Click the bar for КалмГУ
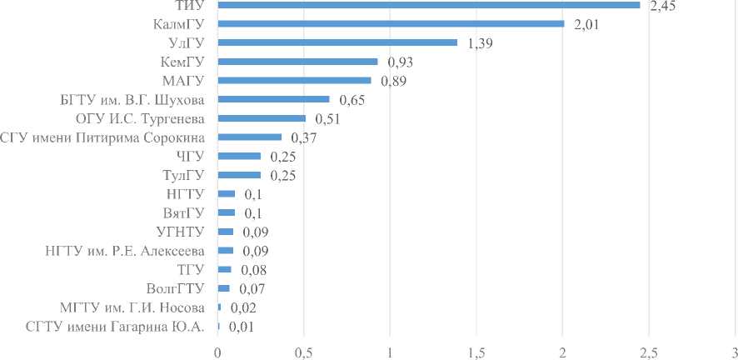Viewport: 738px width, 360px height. pyautogui.click(x=391, y=23)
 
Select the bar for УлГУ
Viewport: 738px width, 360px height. pyautogui.click(x=337, y=42)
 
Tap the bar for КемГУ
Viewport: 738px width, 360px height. pyautogui.click(x=297, y=62)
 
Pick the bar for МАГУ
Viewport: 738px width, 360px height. pyautogui.click(x=294, y=81)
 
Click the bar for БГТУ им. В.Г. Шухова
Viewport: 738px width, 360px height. pyautogui.click(x=273, y=99)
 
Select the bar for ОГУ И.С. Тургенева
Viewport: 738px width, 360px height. pyautogui.click(x=262, y=118)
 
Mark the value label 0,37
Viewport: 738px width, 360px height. pyautogui.click(x=302, y=137)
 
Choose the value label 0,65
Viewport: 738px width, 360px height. pyautogui.click(x=351, y=100)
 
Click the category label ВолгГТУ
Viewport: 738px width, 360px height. pyautogui.click(x=176, y=288)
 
